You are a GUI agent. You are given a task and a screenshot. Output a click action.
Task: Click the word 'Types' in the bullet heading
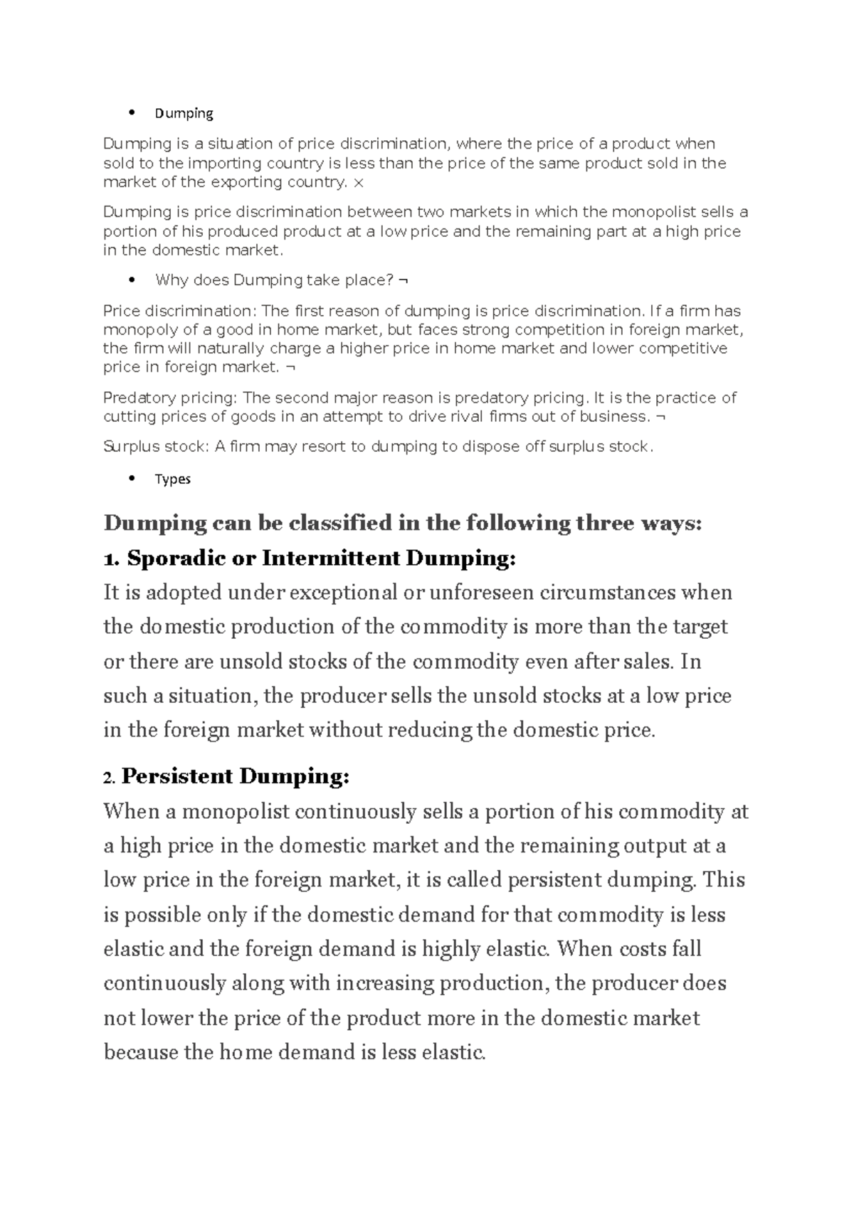pyautogui.click(x=173, y=479)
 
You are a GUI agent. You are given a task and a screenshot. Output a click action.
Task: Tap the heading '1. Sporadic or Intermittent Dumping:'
pyautogui.click(x=309, y=558)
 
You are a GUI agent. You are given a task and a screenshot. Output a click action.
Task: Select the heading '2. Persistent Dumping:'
pyautogui.click(x=226, y=776)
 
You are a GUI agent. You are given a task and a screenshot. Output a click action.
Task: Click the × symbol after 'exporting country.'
pyautogui.click(x=358, y=183)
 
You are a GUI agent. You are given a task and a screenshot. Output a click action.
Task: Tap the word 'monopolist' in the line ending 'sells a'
pyautogui.click(x=654, y=212)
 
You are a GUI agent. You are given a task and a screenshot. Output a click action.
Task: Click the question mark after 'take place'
pyautogui.click(x=389, y=280)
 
